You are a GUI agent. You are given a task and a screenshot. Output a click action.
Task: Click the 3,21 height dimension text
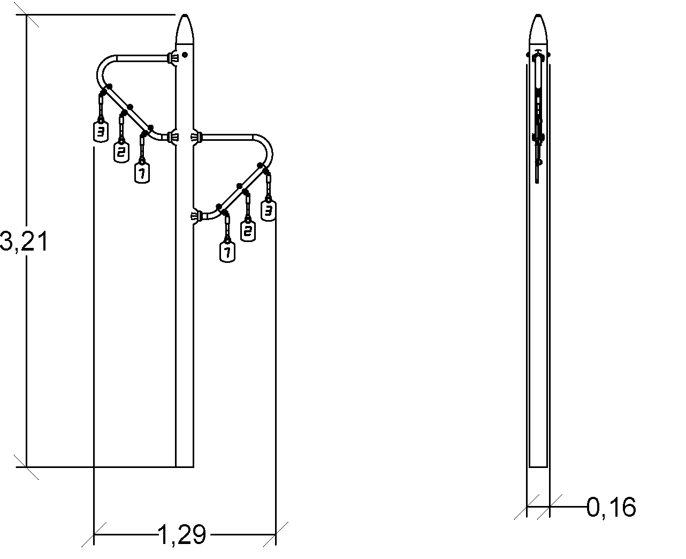click(24, 241)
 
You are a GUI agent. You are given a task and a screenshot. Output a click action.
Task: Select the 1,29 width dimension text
click(182, 534)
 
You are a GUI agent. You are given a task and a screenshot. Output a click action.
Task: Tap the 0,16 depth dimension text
click(611, 508)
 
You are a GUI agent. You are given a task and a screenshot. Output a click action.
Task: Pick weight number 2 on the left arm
click(121, 152)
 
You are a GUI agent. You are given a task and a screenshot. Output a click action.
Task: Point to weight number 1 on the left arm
click(142, 173)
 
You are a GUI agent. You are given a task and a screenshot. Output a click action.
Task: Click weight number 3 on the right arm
click(268, 211)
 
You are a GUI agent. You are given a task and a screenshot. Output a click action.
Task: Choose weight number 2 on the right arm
click(248, 231)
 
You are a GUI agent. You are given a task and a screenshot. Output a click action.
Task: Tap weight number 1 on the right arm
click(227, 252)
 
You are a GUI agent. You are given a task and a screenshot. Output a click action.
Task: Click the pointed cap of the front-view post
click(185, 29)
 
